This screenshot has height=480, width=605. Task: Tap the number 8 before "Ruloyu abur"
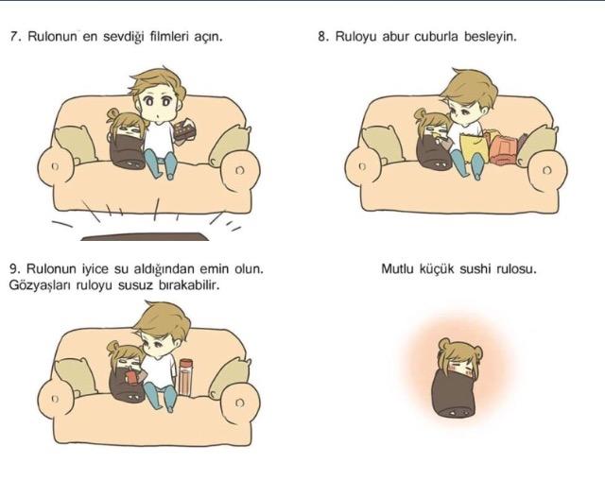321,37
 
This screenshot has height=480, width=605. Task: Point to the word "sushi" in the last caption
475,268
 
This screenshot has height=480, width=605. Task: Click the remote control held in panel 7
185,130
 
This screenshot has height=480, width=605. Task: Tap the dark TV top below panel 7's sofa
145,236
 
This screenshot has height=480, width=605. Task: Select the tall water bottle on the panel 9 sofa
185,377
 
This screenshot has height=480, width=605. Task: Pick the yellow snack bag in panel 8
473,147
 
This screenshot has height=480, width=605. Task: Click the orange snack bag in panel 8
502,149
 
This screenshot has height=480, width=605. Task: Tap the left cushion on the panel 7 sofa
75,145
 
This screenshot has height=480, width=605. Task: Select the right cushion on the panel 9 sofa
229,379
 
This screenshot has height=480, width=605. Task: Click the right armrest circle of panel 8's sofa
546,170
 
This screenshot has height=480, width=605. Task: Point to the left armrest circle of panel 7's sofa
55,167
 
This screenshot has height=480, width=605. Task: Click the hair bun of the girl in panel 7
113,113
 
